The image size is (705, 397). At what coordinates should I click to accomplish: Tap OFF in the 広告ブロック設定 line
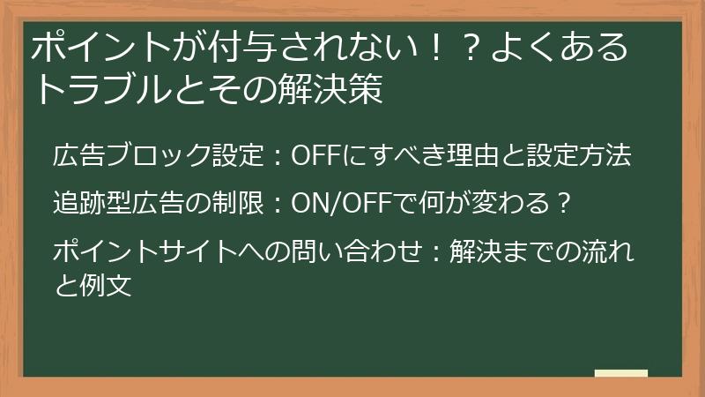pos(315,156)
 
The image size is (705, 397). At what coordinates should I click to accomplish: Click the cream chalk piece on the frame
pos(620,373)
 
